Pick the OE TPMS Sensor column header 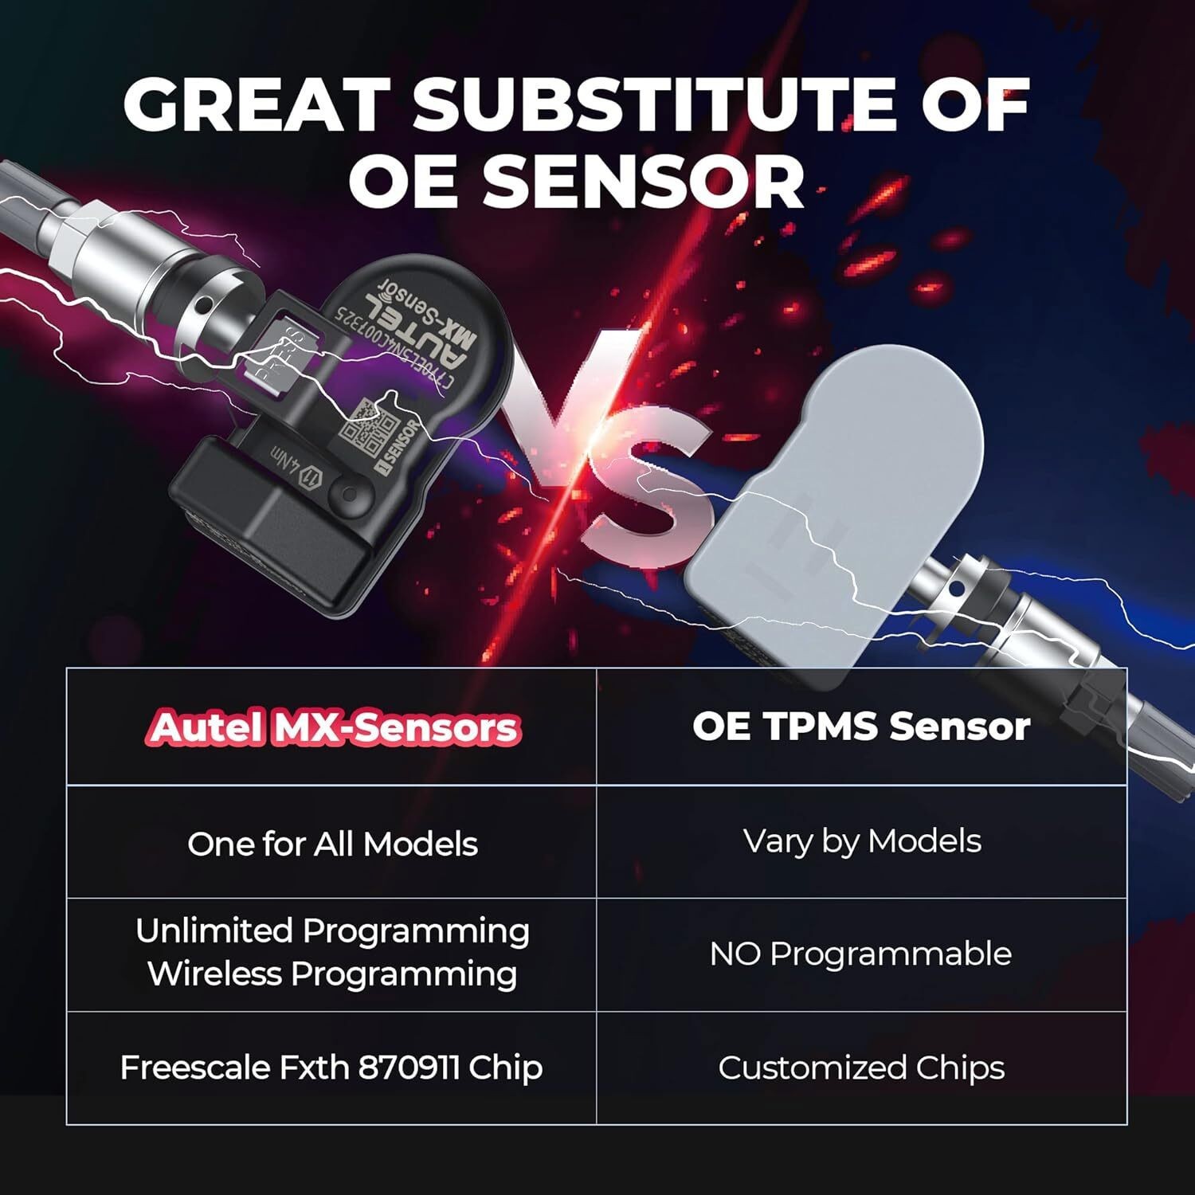(x=860, y=726)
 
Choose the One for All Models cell (x=332, y=844)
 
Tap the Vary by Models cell (x=862, y=841)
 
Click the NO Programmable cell (x=860, y=954)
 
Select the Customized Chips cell (x=860, y=1068)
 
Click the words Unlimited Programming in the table (x=332, y=931)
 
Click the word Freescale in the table (x=194, y=1068)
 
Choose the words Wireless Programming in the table (x=332, y=974)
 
